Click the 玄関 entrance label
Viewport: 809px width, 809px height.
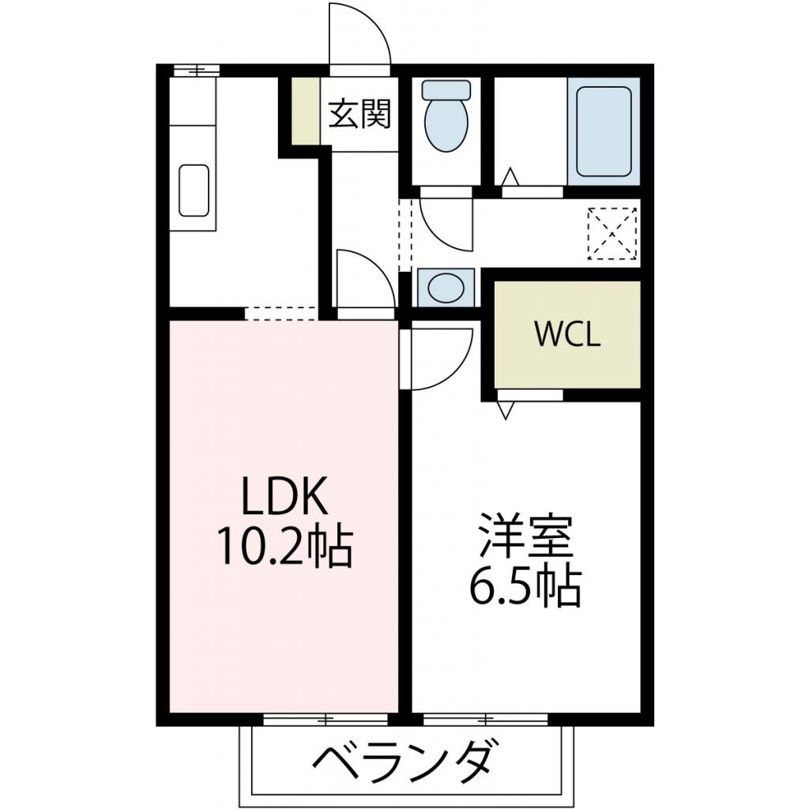[x=359, y=115]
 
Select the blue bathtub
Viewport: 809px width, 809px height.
[x=604, y=131]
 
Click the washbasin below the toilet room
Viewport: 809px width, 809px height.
[x=446, y=286]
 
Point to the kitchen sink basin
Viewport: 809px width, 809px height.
[x=194, y=190]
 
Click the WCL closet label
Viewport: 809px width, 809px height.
[x=568, y=334]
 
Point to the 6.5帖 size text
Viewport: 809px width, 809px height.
[x=525, y=585]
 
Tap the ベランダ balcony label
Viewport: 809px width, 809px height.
[x=407, y=760]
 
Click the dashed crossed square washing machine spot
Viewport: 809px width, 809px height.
[x=612, y=233]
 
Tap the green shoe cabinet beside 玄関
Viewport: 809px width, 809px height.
[x=305, y=111]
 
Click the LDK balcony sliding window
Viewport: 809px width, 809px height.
[x=325, y=719]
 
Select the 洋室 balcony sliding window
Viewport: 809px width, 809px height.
[x=485, y=719]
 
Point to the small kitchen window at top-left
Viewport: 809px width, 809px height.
[x=196, y=70]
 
